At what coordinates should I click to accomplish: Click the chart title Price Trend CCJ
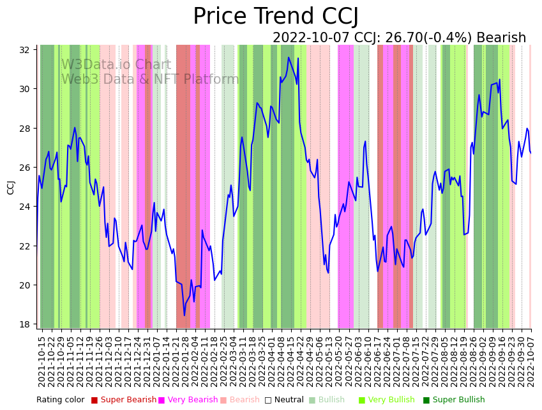click(x=276, y=17)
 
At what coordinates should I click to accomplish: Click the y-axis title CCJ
click(x=11, y=187)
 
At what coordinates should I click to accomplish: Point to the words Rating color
click(x=60, y=400)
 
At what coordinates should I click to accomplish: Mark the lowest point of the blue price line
click(x=184, y=315)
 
